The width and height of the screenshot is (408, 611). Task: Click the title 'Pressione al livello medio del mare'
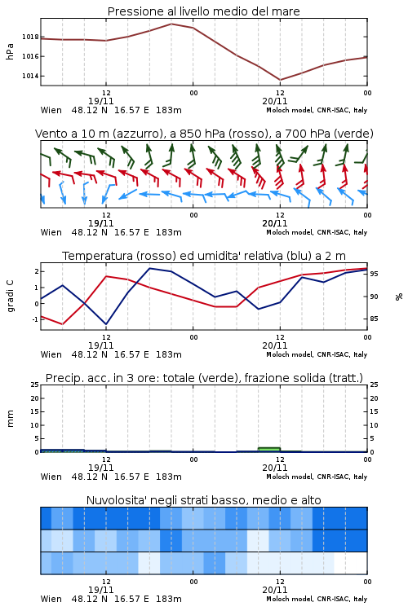click(203, 11)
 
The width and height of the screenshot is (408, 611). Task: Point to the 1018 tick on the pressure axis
click(30, 37)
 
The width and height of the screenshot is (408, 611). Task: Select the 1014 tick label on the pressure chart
click(30, 76)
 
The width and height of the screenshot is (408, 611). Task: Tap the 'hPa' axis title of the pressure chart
click(10, 51)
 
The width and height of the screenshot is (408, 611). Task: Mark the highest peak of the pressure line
click(171, 24)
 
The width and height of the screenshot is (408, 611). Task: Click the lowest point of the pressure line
click(280, 80)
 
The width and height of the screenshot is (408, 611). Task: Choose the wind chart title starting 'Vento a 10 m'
click(204, 134)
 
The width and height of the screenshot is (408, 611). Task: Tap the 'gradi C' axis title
click(10, 296)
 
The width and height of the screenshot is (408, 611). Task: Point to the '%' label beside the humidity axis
click(399, 297)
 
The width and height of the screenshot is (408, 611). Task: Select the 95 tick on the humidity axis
click(374, 274)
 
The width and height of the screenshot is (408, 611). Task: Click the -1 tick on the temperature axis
click(35, 319)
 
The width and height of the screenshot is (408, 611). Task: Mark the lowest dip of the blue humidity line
click(106, 324)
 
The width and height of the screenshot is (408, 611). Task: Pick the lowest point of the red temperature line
click(63, 324)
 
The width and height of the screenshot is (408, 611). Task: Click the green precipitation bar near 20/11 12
click(269, 449)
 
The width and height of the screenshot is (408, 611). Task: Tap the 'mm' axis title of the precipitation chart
click(10, 419)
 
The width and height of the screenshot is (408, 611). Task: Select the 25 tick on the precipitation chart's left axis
click(34, 385)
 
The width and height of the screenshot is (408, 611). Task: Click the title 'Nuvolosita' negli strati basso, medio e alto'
click(203, 500)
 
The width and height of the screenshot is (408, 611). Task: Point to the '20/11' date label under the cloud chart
click(275, 590)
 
